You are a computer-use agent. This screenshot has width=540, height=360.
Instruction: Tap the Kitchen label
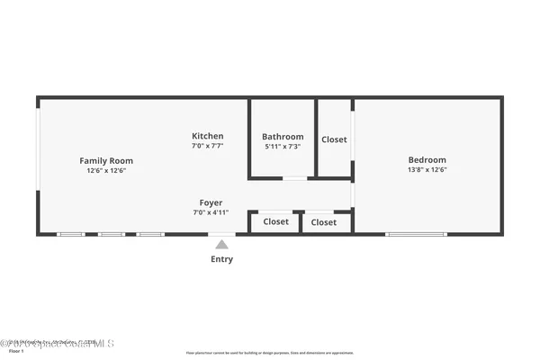208,136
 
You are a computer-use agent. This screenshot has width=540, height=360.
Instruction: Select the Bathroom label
283,137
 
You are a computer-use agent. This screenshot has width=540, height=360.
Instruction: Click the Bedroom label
427,160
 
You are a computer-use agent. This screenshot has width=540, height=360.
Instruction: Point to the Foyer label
211,203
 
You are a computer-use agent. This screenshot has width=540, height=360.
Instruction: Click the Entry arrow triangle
221,244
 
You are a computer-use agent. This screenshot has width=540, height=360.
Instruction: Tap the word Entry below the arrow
221,259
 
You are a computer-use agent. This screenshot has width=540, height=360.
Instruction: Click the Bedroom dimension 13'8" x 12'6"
427,170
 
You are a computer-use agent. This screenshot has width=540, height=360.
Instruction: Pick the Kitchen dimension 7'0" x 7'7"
208,146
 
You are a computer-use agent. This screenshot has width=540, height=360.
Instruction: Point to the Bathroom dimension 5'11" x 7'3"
283,147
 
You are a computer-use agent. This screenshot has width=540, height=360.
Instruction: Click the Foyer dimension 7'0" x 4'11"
211,213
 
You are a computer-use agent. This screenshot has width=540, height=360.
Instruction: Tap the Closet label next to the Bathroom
334,139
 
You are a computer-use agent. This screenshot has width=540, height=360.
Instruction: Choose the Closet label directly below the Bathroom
275,221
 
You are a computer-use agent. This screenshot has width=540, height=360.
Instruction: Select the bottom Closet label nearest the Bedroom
323,221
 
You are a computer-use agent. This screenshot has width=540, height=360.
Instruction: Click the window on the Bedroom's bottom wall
416,235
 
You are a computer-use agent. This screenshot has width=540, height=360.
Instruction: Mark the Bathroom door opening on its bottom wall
294,178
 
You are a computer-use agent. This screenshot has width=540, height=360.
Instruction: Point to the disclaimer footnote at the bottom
270,352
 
